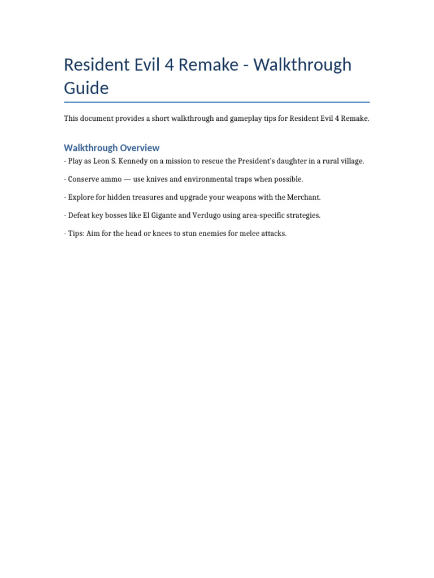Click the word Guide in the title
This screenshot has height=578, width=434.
click(86, 89)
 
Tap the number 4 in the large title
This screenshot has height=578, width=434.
click(168, 65)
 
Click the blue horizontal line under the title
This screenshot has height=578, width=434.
click(217, 102)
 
